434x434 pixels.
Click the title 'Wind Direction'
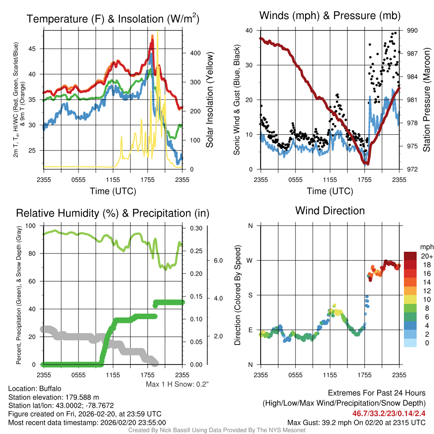click(330, 211)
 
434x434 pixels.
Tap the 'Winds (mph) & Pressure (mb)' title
click(330, 16)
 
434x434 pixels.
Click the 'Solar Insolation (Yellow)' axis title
click(210, 100)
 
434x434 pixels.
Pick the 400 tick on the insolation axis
click(195, 53)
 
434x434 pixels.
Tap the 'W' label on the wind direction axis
click(250, 260)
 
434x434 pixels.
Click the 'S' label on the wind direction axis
click(250, 295)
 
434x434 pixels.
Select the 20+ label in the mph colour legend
click(426, 256)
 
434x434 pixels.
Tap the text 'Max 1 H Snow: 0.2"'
click(178, 384)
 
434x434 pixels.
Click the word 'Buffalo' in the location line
click(50, 389)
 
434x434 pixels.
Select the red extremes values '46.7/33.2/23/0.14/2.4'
click(389, 413)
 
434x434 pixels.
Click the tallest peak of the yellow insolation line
click(158, 32)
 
